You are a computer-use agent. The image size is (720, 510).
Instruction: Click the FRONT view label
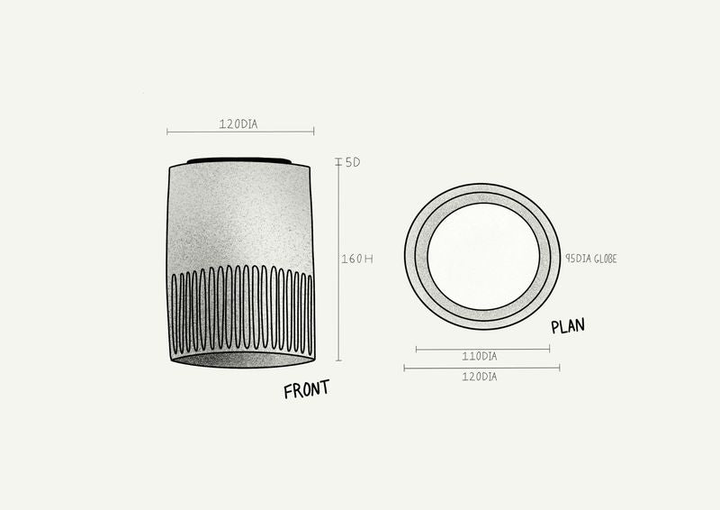pos(306,389)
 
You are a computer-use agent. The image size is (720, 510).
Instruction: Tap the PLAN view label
pos(568,325)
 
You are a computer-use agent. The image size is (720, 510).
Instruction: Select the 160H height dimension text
pos(357,259)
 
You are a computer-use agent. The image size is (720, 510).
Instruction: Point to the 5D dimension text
pos(353,162)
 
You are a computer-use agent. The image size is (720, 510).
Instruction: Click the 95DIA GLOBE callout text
pos(591,259)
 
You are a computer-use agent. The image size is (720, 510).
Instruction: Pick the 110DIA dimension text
pos(480,357)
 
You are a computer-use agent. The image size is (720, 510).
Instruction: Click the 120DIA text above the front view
pos(238,124)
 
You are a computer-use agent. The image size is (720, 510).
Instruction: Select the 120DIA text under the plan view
pos(480,377)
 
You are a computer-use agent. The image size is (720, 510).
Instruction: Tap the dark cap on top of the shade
pos(238,161)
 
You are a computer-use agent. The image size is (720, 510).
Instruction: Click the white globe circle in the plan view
pos(483,257)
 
